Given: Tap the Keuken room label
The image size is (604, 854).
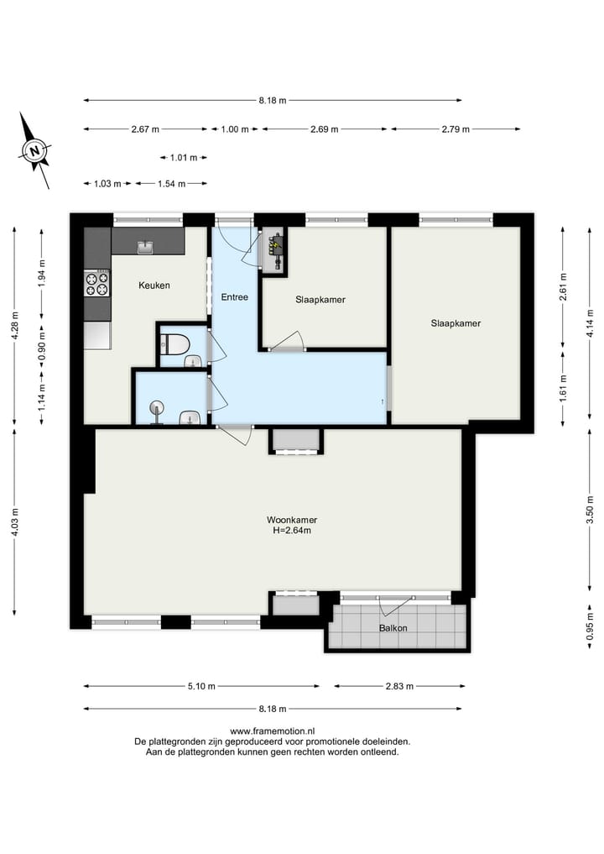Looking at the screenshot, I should pos(154,286).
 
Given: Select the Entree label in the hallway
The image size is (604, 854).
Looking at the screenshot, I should pos(234,297).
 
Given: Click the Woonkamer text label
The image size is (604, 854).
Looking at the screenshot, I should pos(292,519).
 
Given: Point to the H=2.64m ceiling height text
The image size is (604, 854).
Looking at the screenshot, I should pos(292,531).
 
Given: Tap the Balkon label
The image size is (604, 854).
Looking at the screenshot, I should pos(393,628).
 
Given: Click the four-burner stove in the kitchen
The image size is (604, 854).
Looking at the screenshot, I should pos(97,283).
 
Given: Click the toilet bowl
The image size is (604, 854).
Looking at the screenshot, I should pos(174,343).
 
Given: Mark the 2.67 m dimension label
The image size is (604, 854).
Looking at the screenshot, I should pos(145,129).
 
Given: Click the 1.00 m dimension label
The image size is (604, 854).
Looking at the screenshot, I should pos(235,129).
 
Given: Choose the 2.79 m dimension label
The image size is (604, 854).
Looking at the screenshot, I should pos(456,129).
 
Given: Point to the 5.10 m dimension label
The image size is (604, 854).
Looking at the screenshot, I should pos(201,686).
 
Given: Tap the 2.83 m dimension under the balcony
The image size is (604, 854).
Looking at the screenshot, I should pos(398,686).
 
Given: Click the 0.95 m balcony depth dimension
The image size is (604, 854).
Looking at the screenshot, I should pos(590,626).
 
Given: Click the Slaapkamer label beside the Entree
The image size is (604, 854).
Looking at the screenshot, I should pos(320,300).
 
